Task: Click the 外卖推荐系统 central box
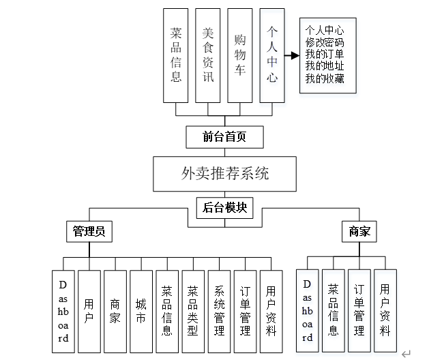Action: click(224, 174)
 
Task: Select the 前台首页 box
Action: click(224, 138)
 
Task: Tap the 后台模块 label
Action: click(224, 208)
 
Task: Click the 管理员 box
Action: click(89, 232)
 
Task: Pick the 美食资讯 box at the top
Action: click(208, 55)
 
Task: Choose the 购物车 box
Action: click(240, 55)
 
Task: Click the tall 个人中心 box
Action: click(271, 55)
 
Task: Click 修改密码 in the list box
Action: click(325, 42)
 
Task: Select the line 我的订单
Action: click(325, 55)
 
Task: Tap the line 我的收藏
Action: click(325, 78)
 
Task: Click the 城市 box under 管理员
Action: click(141, 311)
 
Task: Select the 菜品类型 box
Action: click(193, 311)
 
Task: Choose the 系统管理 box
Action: click(219, 311)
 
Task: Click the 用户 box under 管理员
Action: click(89, 311)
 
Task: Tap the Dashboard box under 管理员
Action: click(63, 311)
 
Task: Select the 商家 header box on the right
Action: click(359, 232)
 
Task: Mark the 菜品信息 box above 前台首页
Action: click(176, 55)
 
